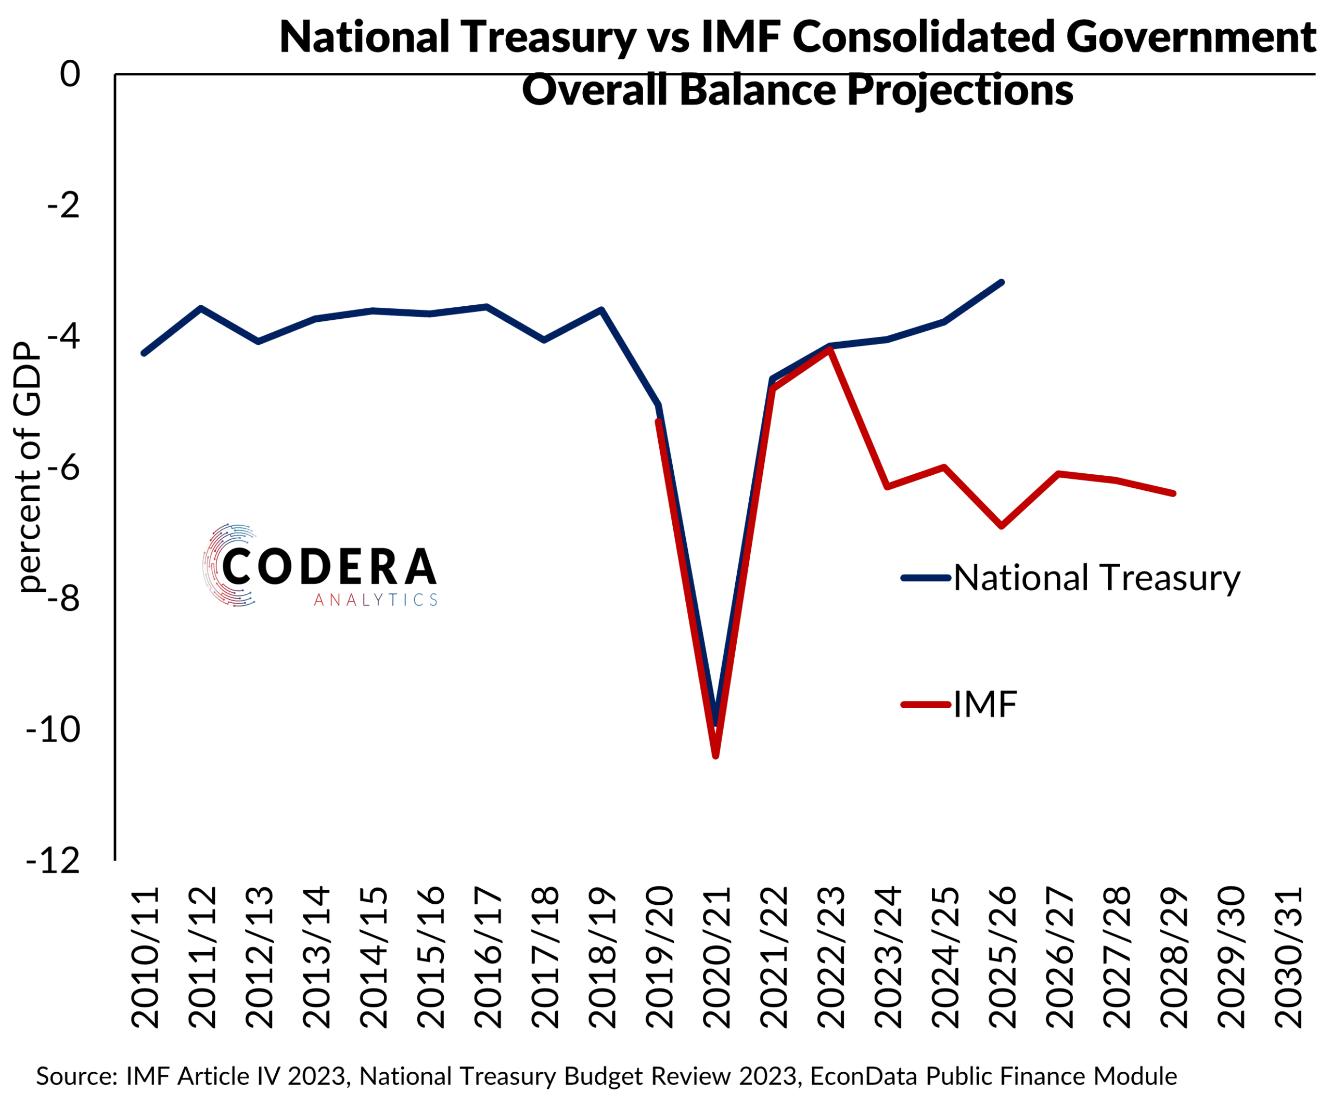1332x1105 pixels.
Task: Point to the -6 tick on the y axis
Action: pos(63,469)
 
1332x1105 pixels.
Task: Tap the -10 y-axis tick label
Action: pos(54,730)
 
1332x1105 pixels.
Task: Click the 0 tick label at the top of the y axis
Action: pos(70,74)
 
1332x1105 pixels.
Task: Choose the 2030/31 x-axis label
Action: pos(1289,957)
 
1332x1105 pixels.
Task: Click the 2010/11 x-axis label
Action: pos(145,957)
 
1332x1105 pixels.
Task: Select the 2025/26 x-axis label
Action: pos(1003,957)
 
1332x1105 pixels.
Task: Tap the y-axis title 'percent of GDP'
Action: pos(28,468)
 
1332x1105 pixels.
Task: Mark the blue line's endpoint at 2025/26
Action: pos(1002,282)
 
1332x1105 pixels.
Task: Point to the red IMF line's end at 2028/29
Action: pos(1173,493)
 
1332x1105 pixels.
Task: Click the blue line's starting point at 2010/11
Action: pos(144,353)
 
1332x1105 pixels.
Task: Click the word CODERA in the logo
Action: pos(329,566)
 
